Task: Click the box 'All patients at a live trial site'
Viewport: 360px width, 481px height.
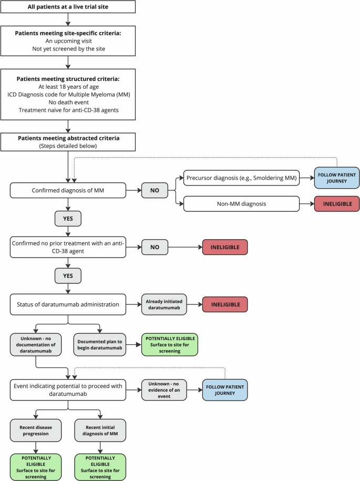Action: (68, 7)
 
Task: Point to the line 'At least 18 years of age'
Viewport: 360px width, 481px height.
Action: (68, 87)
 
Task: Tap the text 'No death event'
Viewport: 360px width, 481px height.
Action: (68, 103)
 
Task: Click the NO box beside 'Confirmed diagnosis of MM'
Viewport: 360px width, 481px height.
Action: (155, 190)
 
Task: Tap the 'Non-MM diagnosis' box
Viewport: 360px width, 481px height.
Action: (241, 203)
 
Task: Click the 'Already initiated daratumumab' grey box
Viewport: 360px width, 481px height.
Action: (163, 304)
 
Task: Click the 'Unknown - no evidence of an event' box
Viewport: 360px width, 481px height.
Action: (163, 390)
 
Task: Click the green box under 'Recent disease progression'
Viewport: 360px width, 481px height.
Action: (36, 466)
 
